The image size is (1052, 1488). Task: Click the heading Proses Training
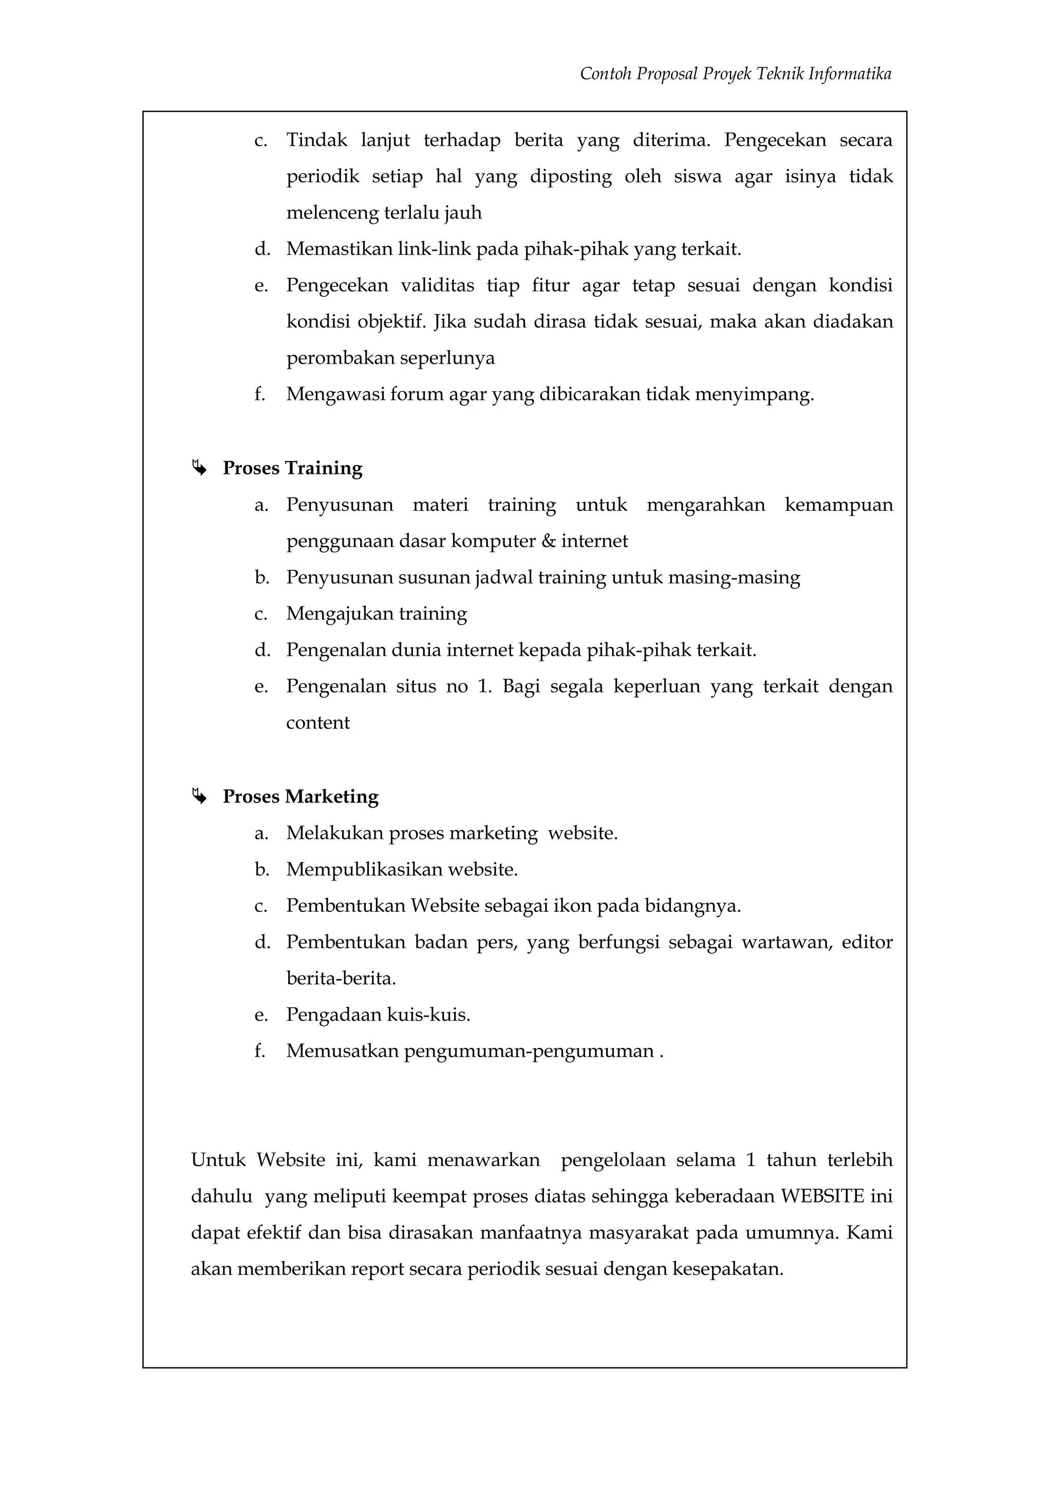(x=292, y=468)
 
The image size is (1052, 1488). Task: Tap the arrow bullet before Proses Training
(x=199, y=467)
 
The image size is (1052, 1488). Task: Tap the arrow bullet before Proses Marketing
(x=199, y=796)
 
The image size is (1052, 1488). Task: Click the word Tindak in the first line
(x=316, y=140)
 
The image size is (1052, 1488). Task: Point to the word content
(x=317, y=722)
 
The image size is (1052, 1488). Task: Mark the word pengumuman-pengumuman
(x=529, y=1051)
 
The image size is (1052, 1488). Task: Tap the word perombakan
(x=340, y=358)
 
